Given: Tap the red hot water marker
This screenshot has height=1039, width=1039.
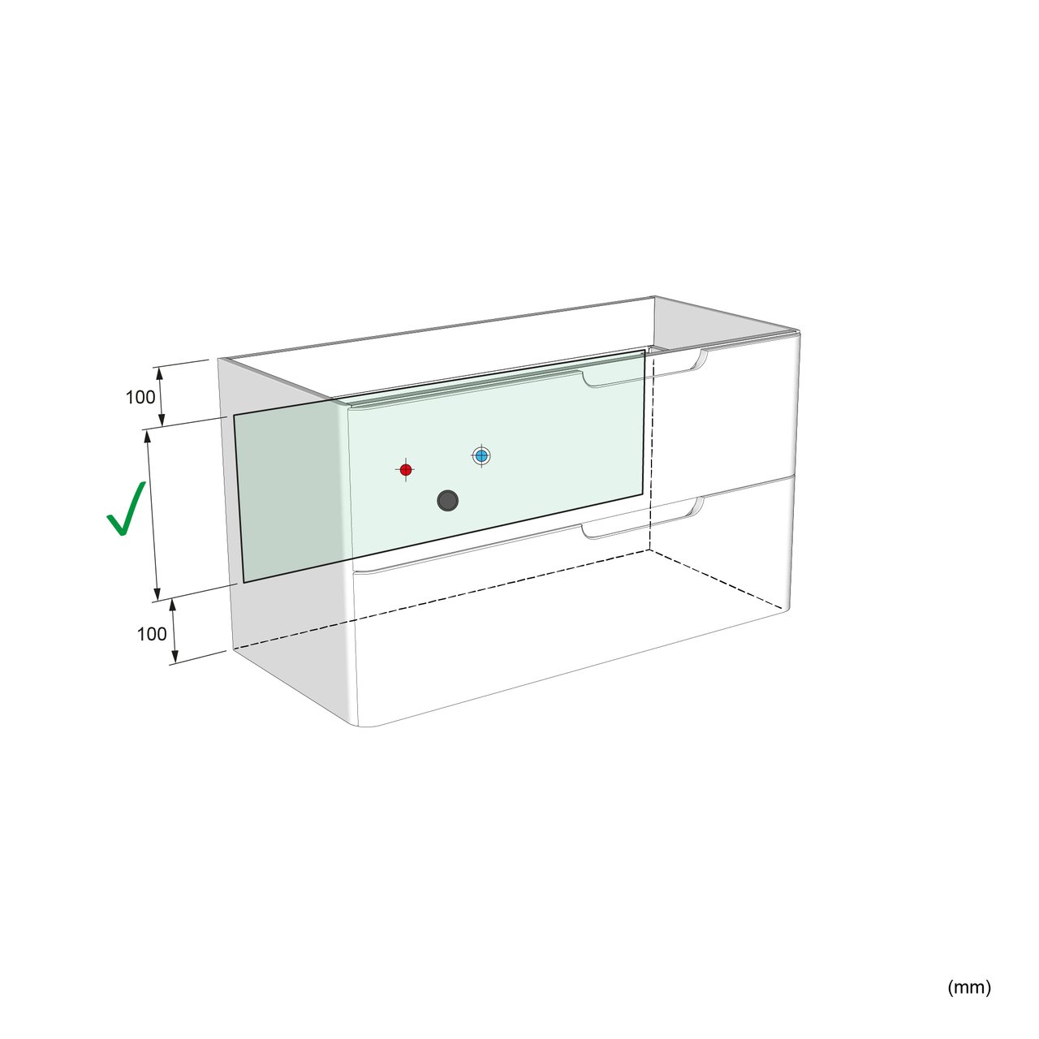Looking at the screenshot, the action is coord(406,470).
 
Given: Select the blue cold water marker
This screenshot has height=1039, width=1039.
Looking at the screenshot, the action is coord(481,455).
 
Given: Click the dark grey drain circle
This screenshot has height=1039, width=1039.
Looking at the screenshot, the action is coord(447,500).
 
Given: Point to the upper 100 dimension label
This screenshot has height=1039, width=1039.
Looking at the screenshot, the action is coord(140,398).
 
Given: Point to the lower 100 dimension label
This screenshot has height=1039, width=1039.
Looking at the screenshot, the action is coord(152,634).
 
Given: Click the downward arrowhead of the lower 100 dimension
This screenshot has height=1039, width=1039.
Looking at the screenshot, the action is coord(175,657).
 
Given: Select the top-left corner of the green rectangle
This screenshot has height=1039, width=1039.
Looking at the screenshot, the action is coord(234,415).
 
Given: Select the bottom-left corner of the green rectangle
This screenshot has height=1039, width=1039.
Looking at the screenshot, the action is coord(244,582).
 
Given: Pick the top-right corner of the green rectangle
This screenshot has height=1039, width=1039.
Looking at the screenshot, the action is coord(645,351).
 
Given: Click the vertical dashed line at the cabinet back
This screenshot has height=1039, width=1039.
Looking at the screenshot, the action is coord(651,452).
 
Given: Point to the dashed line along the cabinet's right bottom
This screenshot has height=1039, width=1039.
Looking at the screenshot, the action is coord(718,580).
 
